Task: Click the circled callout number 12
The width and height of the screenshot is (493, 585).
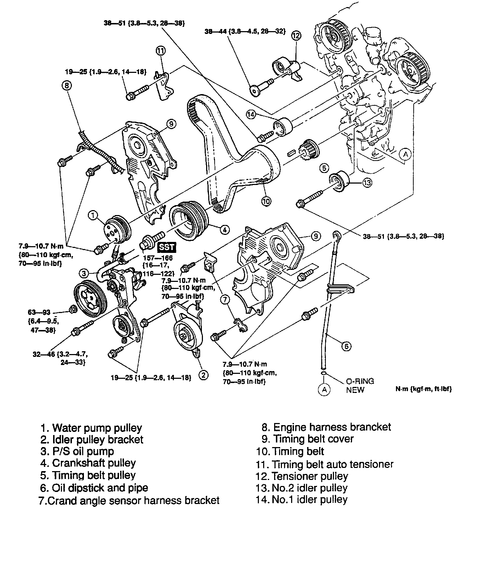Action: pyautogui.click(x=296, y=35)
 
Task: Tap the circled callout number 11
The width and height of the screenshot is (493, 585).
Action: pyautogui.click(x=160, y=51)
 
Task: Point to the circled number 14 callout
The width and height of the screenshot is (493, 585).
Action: pyautogui.click(x=251, y=114)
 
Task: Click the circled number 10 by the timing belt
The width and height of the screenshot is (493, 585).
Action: pyautogui.click(x=266, y=201)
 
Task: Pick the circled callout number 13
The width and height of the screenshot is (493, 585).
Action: pyautogui.click(x=367, y=183)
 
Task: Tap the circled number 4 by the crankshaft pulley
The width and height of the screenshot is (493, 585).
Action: pyautogui.click(x=225, y=230)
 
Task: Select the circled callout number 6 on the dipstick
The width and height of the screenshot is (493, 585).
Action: pyautogui.click(x=346, y=346)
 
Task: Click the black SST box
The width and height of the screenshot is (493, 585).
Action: pyautogui.click(x=166, y=247)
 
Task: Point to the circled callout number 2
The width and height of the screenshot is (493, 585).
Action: pyautogui.click(x=203, y=375)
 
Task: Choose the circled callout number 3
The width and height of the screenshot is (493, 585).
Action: pyautogui.click(x=84, y=273)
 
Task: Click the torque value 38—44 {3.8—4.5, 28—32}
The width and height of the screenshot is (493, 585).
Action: pyautogui.click(x=245, y=31)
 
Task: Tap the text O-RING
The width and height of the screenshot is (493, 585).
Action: pyautogui.click(x=360, y=381)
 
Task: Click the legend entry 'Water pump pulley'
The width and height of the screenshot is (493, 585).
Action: pyautogui.click(x=97, y=428)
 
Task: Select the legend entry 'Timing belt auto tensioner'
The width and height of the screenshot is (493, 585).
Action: pyautogui.click(x=332, y=464)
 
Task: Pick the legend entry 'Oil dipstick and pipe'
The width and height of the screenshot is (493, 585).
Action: pyautogui.click(x=100, y=488)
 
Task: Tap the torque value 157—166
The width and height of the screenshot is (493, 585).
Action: pyautogui.click(x=158, y=258)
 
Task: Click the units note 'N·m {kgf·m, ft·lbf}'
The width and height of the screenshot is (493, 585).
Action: pyautogui.click(x=424, y=389)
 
